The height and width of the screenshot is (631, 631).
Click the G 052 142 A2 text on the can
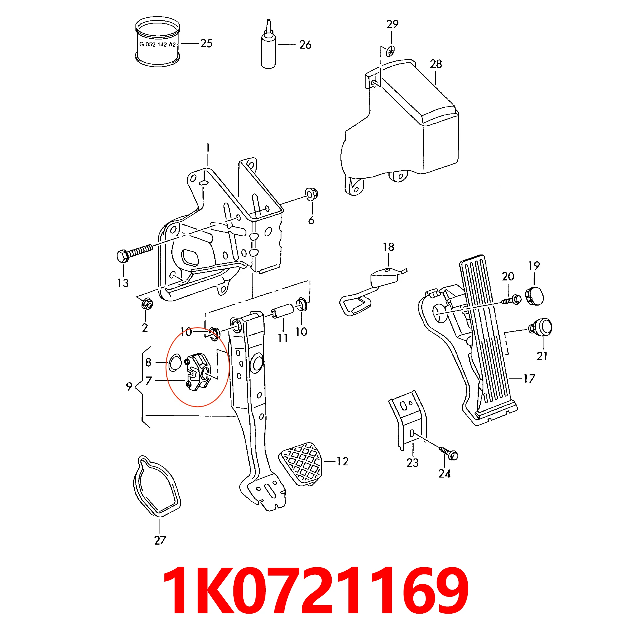pyautogui.click(x=158, y=44)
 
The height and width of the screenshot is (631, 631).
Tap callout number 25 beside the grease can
pyautogui.click(x=206, y=43)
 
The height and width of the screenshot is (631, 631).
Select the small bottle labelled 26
pyautogui.click(x=268, y=49)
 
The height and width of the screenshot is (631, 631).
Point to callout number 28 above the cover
pyautogui.click(x=436, y=64)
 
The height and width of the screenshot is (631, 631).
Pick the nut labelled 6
pyautogui.click(x=311, y=194)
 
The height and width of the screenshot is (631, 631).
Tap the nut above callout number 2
pyautogui.click(x=147, y=304)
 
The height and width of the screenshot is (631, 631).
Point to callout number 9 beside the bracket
pyautogui.click(x=129, y=386)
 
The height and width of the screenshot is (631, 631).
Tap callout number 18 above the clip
pyautogui.click(x=388, y=247)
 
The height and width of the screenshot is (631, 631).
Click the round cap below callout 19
pyautogui.click(x=535, y=296)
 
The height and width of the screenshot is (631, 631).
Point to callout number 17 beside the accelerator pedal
pyautogui.click(x=529, y=379)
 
